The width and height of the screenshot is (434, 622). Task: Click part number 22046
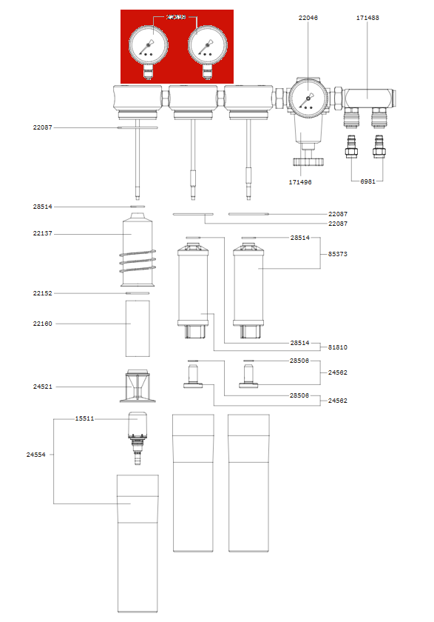308,17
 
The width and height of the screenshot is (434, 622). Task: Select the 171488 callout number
367,17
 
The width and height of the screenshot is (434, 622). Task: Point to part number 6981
367,181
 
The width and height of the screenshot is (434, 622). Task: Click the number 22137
42,234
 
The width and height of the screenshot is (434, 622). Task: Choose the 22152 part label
42,293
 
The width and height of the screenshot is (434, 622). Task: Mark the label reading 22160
42,324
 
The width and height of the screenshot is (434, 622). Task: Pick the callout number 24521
42,387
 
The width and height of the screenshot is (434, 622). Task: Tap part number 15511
84,418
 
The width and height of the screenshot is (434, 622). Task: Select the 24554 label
36,455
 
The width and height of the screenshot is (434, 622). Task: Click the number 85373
337,254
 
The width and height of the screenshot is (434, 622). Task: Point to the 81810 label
337,347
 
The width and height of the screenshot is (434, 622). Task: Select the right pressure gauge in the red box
205,46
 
